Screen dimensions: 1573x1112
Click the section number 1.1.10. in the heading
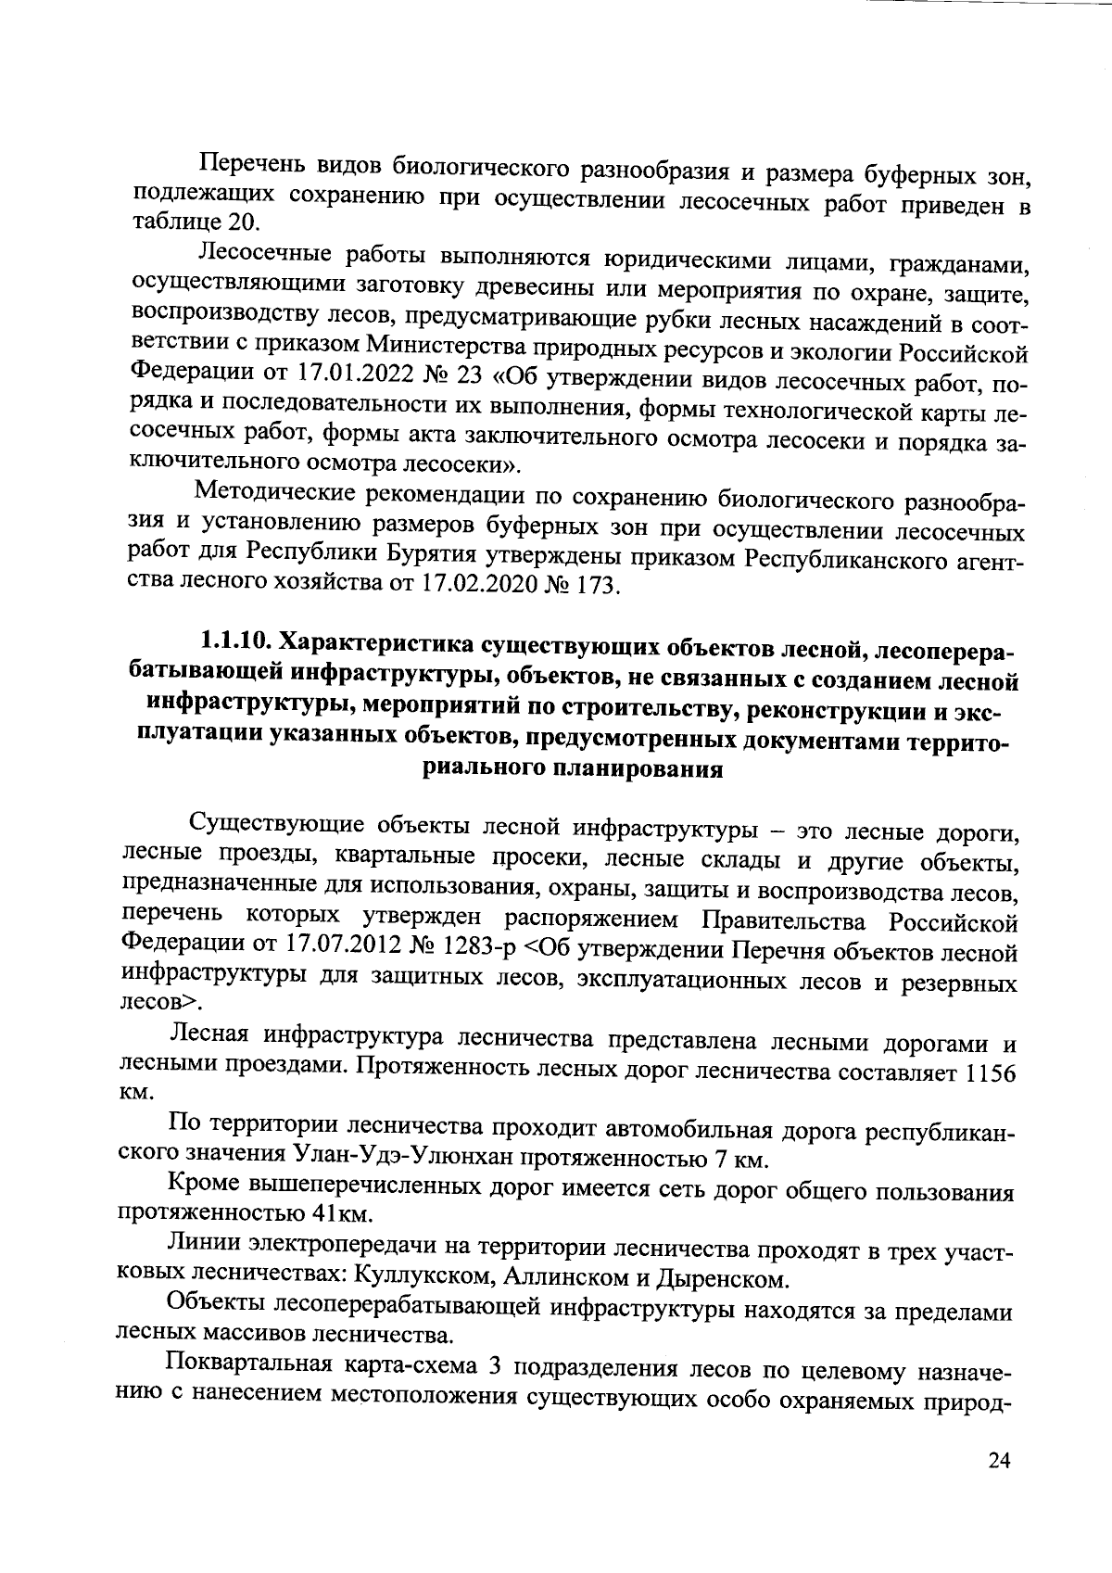236,641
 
